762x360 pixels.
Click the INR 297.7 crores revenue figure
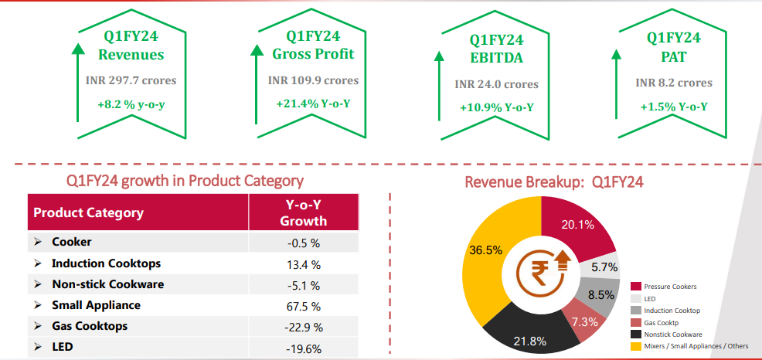[131, 80]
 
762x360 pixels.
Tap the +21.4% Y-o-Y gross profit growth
[313, 104]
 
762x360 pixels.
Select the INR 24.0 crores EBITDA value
[496, 83]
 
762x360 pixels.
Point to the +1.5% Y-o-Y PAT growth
[674, 106]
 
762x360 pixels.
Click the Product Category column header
[88, 212]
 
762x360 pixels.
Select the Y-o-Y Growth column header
[303, 213]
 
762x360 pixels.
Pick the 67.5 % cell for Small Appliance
[303, 305]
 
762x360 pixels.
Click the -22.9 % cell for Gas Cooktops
[303, 326]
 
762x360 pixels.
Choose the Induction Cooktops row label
[106, 263]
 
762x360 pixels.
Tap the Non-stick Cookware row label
[107, 284]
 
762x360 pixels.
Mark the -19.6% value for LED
[303, 348]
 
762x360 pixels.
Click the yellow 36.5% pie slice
[483, 251]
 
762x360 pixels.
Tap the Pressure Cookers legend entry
[668, 286]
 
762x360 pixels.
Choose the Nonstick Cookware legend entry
[672, 335]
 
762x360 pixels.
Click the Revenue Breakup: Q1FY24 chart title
[553, 182]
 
